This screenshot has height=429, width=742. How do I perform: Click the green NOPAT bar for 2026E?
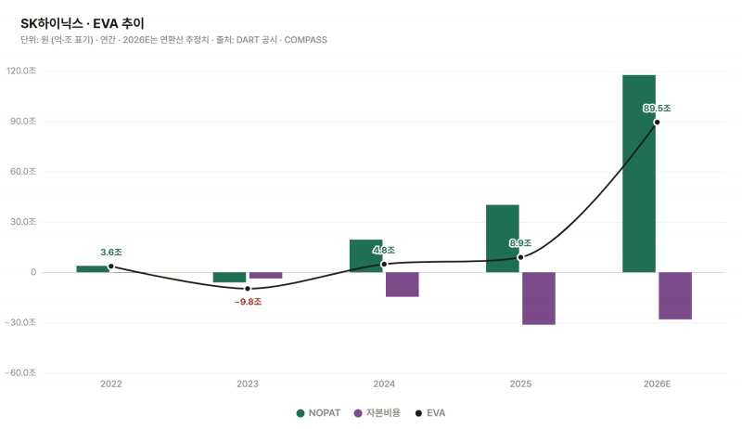pos(639,174)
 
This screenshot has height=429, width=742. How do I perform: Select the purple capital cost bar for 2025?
pos(539,298)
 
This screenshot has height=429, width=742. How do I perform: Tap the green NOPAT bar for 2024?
pos(365,256)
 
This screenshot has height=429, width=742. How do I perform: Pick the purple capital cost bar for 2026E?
pos(675,296)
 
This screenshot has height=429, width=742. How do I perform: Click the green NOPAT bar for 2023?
pos(229,278)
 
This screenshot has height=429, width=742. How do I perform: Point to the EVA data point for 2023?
pos(248,289)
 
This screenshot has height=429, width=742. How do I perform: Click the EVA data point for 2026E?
pos(657,123)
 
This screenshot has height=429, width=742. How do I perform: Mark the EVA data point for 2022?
pos(111,266)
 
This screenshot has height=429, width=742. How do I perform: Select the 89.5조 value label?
pos(657,109)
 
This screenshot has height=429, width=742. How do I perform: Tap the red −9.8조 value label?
pos(248,302)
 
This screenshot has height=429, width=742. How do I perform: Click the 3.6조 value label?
pos(111,253)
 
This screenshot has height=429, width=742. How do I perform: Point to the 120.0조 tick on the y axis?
pos(21,71)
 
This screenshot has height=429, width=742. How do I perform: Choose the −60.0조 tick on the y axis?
pos(20,373)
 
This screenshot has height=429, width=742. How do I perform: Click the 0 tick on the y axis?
pos(33,272)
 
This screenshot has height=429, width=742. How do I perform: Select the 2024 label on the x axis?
pos(384,384)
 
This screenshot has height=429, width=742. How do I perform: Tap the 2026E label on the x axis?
pos(657,384)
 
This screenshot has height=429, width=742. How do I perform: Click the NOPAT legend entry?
pos(318,413)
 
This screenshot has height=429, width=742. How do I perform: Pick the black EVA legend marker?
pos(418,413)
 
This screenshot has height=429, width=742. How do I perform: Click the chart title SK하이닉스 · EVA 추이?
pos(83,23)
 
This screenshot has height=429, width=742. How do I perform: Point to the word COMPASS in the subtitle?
pos(306,40)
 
